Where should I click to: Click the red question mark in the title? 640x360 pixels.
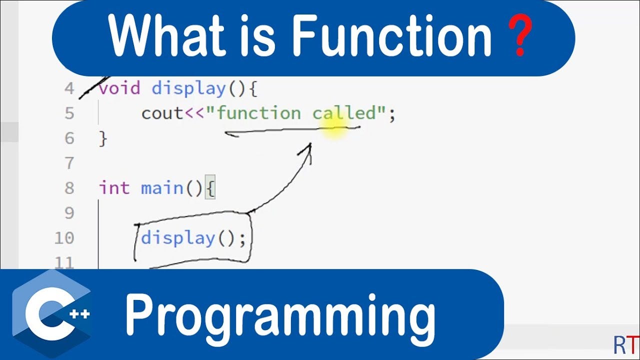tap(520, 35)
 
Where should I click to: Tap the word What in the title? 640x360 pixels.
tap(167, 35)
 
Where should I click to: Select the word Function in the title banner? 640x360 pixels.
tap(391, 35)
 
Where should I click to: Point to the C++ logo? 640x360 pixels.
tap(52, 313)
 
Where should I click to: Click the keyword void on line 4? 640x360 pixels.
tap(119, 88)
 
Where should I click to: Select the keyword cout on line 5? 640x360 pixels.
tap(162, 113)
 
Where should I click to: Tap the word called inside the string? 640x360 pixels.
tap(344, 113)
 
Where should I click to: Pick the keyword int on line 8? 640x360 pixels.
tap(114, 188)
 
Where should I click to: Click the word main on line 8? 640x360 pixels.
tap(162, 188)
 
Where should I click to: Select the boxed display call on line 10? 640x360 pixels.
tap(193, 238)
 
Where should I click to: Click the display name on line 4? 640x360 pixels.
tap(189, 88)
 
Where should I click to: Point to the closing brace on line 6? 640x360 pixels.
tap(103, 139)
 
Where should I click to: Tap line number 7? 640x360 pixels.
tap(69, 163)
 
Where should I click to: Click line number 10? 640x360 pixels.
tap(64, 238)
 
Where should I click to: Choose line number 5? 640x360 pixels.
tap(69, 113)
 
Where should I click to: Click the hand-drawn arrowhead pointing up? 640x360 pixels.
tap(307, 151)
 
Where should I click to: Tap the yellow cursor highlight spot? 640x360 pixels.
tap(334, 128)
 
